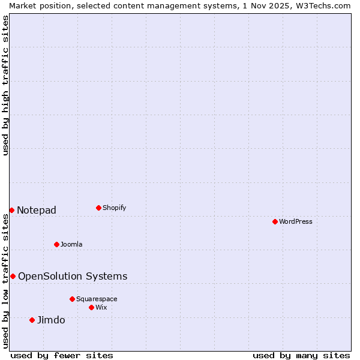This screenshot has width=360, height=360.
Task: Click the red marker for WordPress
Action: (x=275, y=221)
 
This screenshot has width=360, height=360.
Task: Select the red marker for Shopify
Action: (x=98, y=208)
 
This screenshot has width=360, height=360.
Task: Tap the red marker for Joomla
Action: (x=56, y=244)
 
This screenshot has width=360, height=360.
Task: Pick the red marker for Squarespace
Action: (x=72, y=299)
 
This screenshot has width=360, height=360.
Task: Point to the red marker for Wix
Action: (x=91, y=307)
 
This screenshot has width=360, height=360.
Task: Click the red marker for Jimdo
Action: (x=32, y=320)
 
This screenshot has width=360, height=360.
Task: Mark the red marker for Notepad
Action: (x=11, y=210)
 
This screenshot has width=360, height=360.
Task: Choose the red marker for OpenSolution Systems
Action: (x=13, y=276)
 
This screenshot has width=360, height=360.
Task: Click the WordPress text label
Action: (x=296, y=221)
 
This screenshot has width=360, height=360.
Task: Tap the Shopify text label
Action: (x=114, y=208)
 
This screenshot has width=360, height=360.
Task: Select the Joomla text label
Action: (x=71, y=244)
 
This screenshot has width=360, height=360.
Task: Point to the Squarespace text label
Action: (x=97, y=299)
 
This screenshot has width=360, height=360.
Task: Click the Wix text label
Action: (x=101, y=307)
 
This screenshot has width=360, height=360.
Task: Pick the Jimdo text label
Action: (x=51, y=320)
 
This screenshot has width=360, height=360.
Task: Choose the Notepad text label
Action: (x=37, y=210)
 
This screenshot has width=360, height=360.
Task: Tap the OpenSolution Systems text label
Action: (x=73, y=276)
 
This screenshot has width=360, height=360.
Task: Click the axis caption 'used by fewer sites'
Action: (x=62, y=355)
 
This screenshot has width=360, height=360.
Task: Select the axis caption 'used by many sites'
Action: (x=301, y=355)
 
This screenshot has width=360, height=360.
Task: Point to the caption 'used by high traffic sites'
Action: (x=6, y=85)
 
